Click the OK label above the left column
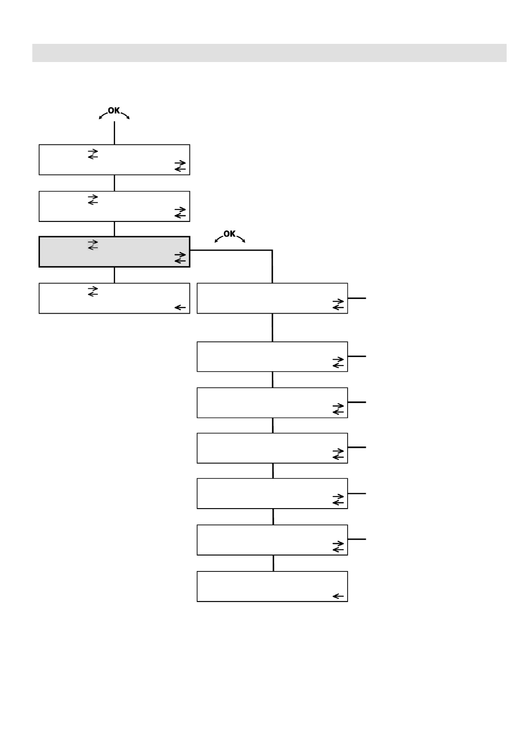[x=114, y=110]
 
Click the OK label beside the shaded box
[x=229, y=233]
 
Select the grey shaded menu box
[x=114, y=252]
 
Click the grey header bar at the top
[x=269, y=53]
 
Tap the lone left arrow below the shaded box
[x=180, y=307]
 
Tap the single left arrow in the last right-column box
[x=338, y=596]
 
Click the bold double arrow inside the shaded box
[x=180, y=258]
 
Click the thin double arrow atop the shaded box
[x=93, y=245]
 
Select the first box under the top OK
[x=114, y=159]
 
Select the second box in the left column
[x=114, y=206]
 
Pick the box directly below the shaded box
[x=114, y=298]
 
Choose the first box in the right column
[x=272, y=298]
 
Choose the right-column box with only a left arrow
[x=272, y=586]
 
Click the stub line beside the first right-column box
[x=357, y=298]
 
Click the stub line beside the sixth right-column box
[x=357, y=539]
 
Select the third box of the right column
[x=272, y=402]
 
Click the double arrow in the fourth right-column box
[x=338, y=454]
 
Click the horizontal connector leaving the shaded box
[x=230, y=250]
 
